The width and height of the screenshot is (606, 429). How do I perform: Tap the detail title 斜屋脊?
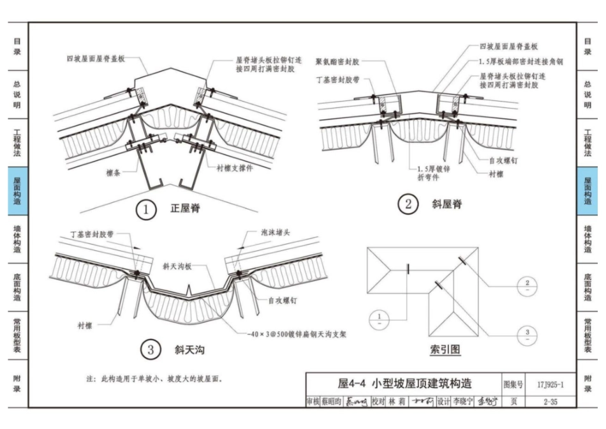[447, 204]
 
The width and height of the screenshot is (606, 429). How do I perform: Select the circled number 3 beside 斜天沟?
[151, 350]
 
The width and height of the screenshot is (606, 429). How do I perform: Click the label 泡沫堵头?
[276, 234]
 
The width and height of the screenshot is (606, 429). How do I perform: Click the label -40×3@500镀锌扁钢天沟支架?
[299, 333]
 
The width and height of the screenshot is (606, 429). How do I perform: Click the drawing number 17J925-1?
[548, 384]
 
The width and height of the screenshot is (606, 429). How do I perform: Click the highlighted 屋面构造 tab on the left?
[17, 191]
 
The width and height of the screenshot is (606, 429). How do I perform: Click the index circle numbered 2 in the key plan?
[526, 286]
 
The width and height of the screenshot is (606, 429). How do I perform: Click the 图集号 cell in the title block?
[513, 384]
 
